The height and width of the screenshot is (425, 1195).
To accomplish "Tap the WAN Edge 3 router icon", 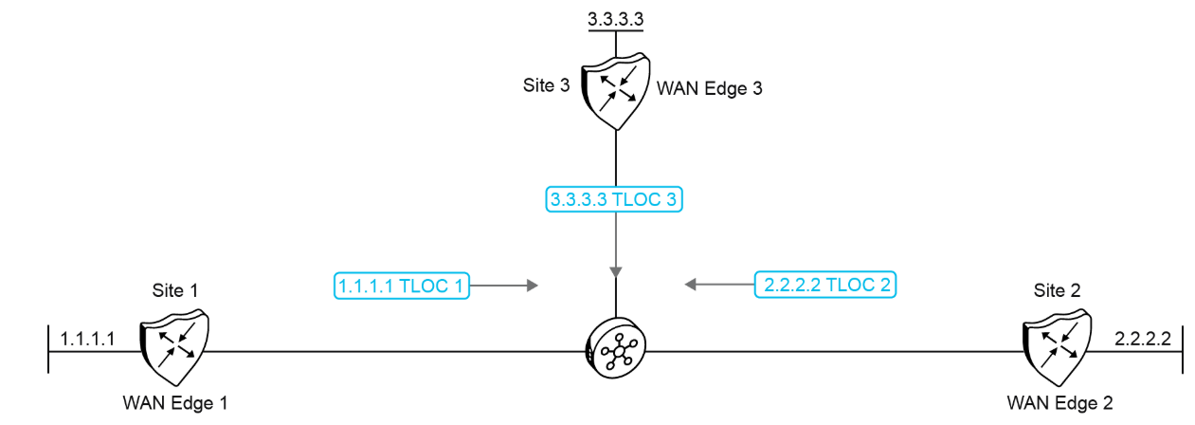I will (x=616, y=94).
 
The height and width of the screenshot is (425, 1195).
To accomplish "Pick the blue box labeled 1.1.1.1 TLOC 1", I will (x=402, y=284).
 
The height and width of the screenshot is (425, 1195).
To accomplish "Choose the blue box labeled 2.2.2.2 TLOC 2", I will (x=825, y=284).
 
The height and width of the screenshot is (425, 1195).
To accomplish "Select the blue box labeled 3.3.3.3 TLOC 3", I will (x=616, y=199).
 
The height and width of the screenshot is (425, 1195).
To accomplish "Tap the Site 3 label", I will (x=546, y=85).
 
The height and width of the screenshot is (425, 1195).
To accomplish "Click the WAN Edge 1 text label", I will (x=175, y=401).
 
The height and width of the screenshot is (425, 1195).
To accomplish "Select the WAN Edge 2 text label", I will (x=1059, y=401).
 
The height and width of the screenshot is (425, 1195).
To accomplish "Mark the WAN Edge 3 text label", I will (x=710, y=89).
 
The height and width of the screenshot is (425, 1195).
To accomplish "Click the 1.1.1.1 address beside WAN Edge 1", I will (x=87, y=338).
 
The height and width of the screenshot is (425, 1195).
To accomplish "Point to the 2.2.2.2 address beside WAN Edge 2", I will (x=1143, y=338).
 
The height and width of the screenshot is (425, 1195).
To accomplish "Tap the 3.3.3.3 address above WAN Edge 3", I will (x=616, y=17).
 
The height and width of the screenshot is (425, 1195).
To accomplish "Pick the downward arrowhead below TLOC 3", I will (x=616, y=271).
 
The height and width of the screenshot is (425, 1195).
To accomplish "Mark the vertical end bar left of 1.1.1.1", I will (x=48, y=351).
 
